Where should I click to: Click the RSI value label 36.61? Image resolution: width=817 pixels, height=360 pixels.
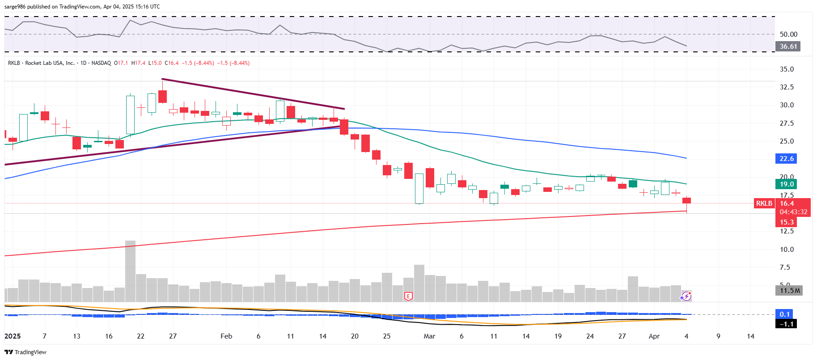(x=788, y=47)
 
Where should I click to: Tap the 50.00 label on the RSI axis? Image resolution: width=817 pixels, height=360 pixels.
(x=788, y=34)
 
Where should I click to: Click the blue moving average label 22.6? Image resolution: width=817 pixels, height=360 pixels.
(x=787, y=159)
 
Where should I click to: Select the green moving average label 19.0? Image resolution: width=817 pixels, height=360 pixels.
(x=787, y=184)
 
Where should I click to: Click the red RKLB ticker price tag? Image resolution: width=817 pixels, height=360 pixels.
(x=764, y=203)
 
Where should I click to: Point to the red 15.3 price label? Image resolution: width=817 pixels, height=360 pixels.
(x=787, y=222)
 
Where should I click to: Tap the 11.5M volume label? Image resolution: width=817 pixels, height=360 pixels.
(x=790, y=291)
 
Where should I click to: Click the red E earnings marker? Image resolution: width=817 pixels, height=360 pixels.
(x=408, y=296)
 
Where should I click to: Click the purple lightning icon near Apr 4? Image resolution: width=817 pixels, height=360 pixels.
(x=686, y=296)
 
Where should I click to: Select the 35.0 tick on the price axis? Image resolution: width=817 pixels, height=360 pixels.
(x=787, y=69)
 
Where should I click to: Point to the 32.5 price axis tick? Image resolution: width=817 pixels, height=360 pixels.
(x=787, y=87)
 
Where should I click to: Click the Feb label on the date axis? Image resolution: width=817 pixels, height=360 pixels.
(x=226, y=336)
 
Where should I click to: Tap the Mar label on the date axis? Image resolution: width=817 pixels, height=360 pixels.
(x=429, y=336)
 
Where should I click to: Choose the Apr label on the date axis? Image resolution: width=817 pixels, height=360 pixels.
(x=654, y=336)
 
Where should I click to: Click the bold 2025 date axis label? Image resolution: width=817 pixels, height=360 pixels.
(x=13, y=336)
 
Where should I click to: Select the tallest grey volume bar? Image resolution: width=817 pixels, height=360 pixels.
(x=130, y=271)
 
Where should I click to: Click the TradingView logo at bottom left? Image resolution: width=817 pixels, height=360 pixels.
(x=25, y=352)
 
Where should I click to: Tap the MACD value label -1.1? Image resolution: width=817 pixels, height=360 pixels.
(x=787, y=324)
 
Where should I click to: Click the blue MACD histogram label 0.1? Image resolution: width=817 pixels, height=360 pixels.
(x=784, y=314)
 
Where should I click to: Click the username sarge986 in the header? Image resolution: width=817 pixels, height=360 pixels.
(x=15, y=7)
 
